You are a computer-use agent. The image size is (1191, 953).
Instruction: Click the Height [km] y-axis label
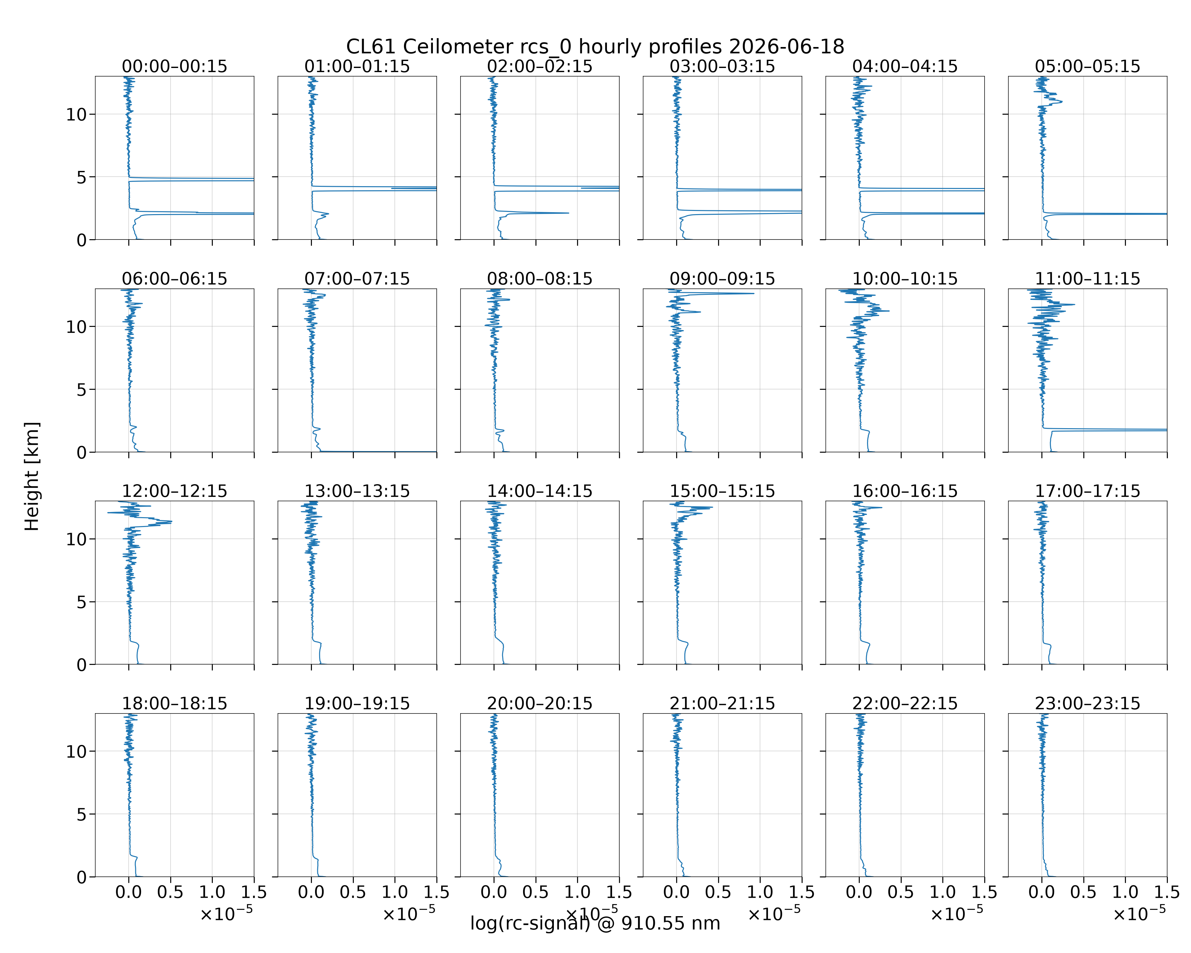pyautogui.click(x=32, y=476)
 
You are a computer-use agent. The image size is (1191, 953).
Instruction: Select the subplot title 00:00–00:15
pyautogui.click(x=175, y=66)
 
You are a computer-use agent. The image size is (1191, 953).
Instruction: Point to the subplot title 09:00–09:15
pyautogui.click(x=723, y=279)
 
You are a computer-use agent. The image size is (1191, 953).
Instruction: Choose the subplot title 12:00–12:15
pyautogui.click(x=175, y=491)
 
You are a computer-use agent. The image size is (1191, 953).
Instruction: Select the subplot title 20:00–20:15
pyautogui.click(x=540, y=703)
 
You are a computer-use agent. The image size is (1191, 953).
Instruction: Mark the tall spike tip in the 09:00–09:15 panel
pyautogui.click(x=754, y=293)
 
